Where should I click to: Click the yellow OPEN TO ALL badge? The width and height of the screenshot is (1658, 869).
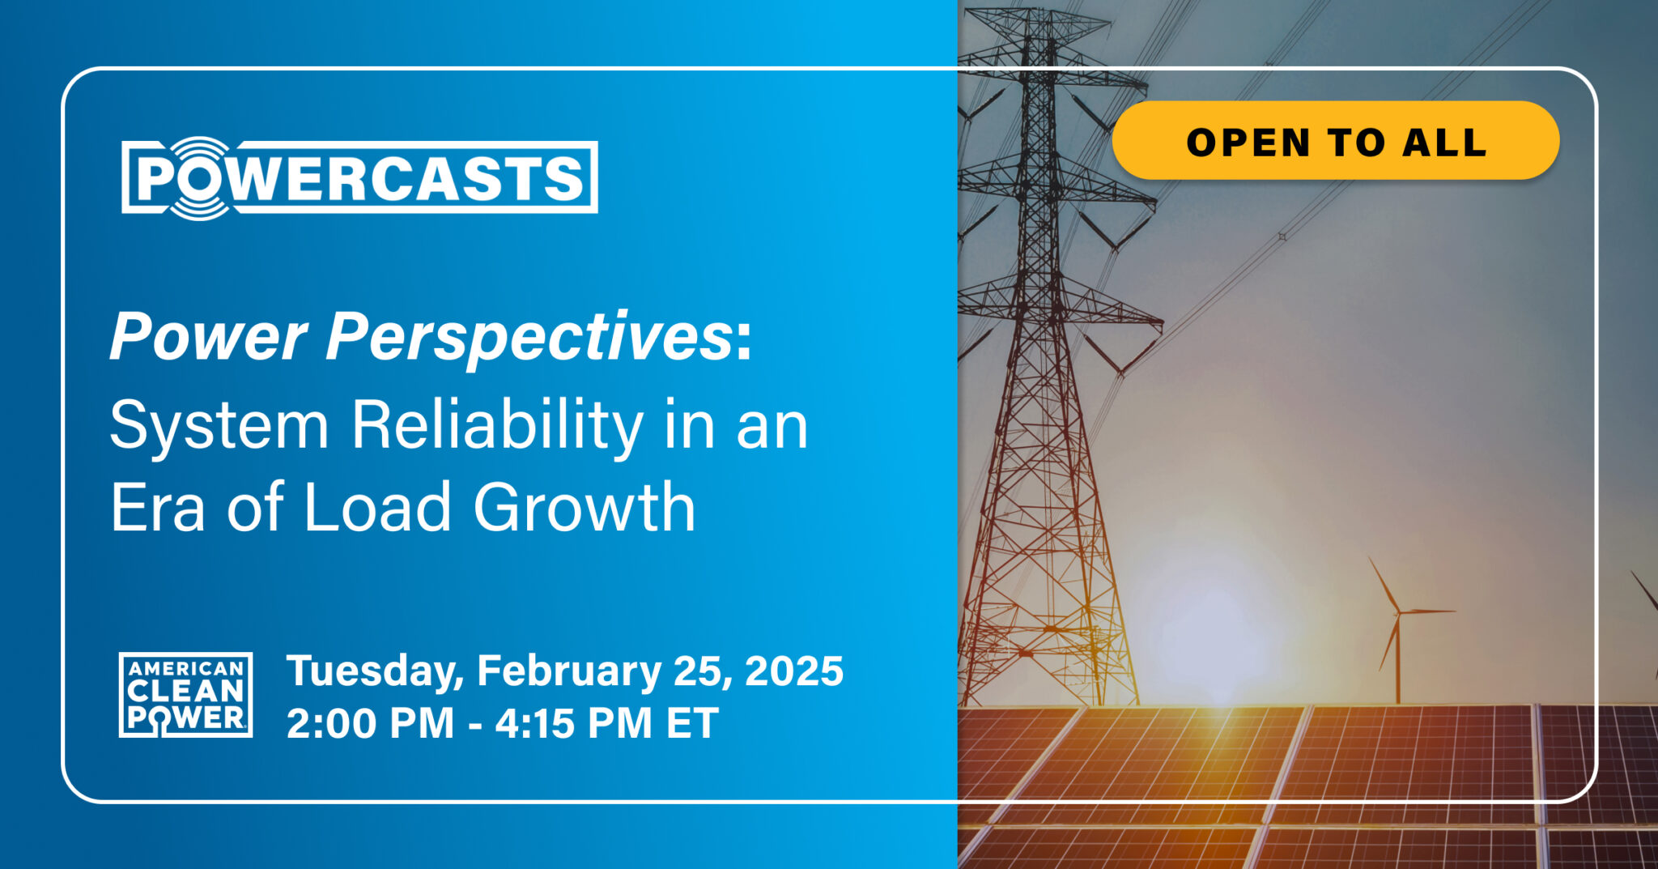click(x=1336, y=140)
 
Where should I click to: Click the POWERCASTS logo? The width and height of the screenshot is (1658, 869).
click(x=359, y=177)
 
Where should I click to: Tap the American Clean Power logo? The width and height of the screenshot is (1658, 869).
click(x=185, y=695)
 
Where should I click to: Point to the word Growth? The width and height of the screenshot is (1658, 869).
click(x=585, y=507)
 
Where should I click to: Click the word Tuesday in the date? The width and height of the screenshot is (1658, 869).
click(x=375, y=671)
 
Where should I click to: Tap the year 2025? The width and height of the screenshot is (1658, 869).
click(x=794, y=671)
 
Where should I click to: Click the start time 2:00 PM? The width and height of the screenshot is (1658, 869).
click(x=370, y=723)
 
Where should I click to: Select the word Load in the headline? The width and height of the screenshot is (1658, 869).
click(x=376, y=507)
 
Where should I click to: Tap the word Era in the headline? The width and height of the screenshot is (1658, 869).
click(x=157, y=507)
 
